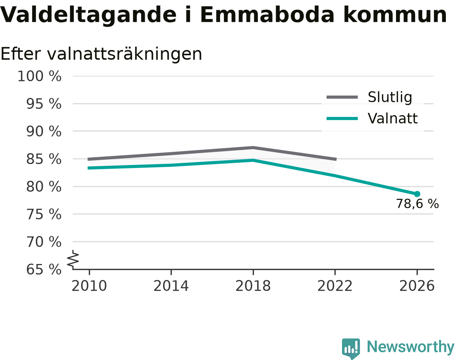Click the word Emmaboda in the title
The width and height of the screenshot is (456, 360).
(x=267, y=15)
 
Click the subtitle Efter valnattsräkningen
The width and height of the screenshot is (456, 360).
(x=101, y=54)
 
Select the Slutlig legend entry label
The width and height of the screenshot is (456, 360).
(x=390, y=97)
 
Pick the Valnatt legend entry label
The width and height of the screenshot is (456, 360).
(x=393, y=118)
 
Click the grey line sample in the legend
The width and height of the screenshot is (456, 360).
(x=342, y=97)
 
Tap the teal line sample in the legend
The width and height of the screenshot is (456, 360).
(x=342, y=118)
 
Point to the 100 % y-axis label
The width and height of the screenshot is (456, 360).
(x=40, y=76)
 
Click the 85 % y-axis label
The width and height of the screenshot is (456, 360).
(x=44, y=159)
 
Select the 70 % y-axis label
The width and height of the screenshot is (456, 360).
(x=44, y=242)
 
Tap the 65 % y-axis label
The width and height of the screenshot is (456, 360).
(x=44, y=270)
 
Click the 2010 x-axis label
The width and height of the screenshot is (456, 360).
(x=89, y=286)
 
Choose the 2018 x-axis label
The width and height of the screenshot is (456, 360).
(x=253, y=286)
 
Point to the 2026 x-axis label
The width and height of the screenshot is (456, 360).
(x=417, y=286)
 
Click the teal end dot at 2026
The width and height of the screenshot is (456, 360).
(x=417, y=194)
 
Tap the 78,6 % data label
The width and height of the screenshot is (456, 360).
(x=417, y=204)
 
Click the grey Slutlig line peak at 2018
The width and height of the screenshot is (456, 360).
(x=253, y=147)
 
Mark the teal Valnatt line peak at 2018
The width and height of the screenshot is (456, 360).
(x=253, y=160)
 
